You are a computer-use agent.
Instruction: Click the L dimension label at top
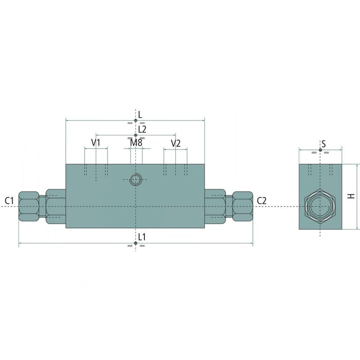(x=140, y=115)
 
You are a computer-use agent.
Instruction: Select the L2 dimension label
(x=142, y=129)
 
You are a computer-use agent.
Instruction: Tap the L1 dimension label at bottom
(x=142, y=237)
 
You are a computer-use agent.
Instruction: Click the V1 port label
(x=95, y=143)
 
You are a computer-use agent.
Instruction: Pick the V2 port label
(x=175, y=143)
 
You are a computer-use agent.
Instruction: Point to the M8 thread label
(x=136, y=143)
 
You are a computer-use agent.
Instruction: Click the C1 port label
(x=10, y=200)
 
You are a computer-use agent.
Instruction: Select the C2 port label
(x=262, y=200)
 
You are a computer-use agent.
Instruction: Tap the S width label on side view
(x=323, y=144)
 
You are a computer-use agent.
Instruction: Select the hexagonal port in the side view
(x=320, y=206)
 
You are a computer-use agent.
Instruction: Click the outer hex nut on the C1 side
(x=29, y=206)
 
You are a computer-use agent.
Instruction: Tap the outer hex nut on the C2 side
(x=242, y=206)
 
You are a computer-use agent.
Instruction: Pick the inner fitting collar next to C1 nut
(x=56, y=206)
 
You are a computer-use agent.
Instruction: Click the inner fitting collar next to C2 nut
(x=215, y=206)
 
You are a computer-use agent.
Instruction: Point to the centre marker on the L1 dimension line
(x=135, y=244)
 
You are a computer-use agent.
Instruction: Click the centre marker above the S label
(x=320, y=150)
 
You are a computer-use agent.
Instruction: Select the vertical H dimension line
(x=357, y=196)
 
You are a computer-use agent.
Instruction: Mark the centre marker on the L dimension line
(x=135, y=120)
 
